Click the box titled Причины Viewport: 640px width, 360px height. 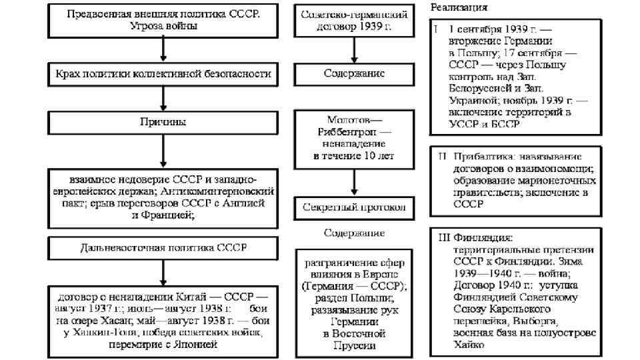(163, 123)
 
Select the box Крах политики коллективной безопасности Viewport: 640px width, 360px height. (163, 73)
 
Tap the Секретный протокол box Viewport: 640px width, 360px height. (354, 207)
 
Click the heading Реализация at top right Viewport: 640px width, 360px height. (459, 8)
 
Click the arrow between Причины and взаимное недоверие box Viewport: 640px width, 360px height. (163, 152)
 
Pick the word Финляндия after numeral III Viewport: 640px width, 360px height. (483, 237)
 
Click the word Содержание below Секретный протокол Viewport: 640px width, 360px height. (354, 233)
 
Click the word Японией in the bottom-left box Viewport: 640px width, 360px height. (194, 345)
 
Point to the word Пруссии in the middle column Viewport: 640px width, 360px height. (354, 345)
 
